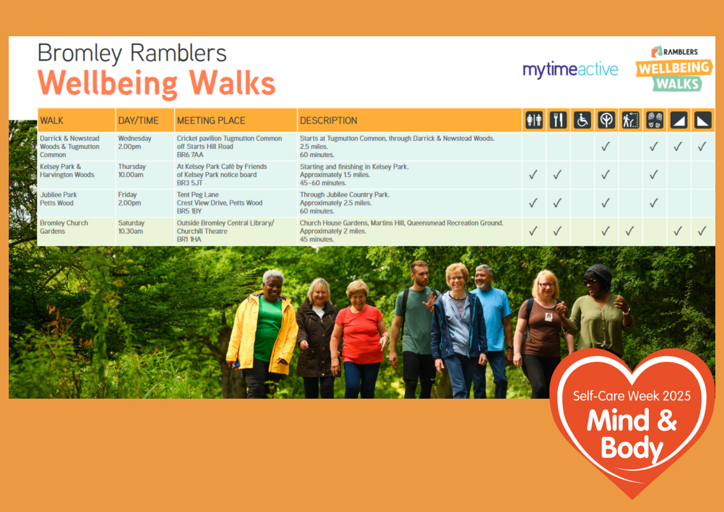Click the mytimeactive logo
click(x=570, y=69)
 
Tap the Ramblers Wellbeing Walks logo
click(x=674, y=69)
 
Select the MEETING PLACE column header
click(x=210, y=120)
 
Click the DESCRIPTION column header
click(x=328, y=120)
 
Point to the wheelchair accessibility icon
click(x=582, y=120)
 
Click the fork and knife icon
click(x=557, y=120)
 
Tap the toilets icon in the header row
click(x=534, y=120)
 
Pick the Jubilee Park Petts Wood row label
click(x=57, y=199)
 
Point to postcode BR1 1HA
click(x=189, y=240)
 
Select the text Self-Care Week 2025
click(x=631, y=396)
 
